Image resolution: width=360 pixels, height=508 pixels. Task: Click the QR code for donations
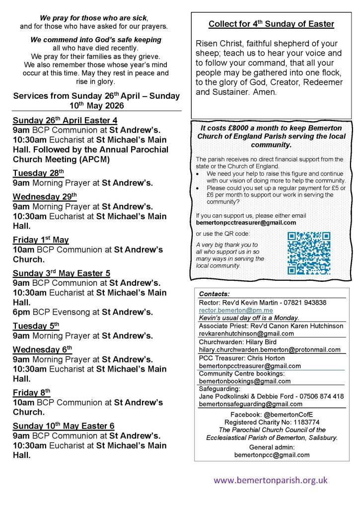coord(309,253)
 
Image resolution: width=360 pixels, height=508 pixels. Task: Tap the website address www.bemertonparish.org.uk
coord(271,480)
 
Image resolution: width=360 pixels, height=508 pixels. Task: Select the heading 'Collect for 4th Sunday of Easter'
coord(271,24)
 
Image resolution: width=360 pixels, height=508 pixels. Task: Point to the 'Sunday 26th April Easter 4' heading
coord(65,120)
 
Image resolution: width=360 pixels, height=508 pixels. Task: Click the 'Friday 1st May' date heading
coord(41,240)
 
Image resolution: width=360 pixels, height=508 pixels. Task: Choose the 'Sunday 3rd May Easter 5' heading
coord(62,273)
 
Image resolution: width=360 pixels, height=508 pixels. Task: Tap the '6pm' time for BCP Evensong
coord(21,312)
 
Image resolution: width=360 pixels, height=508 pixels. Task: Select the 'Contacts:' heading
coord(214,294)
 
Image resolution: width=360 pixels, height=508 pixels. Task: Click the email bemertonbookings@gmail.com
coord(245,381)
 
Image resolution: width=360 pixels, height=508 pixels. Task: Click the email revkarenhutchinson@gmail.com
coord(246,333)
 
